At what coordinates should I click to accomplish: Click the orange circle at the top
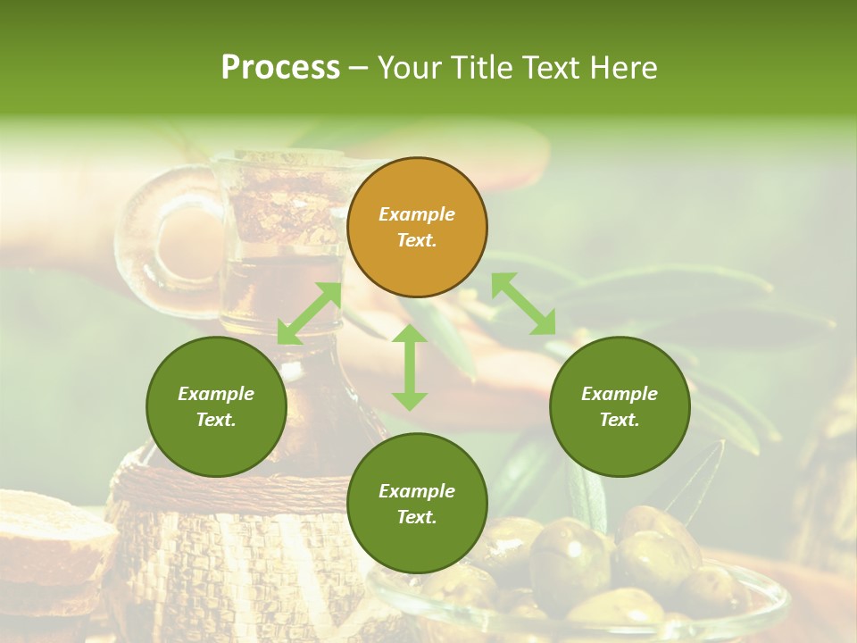click(x=417, y=227)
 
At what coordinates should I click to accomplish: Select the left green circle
click(x=216, y=406)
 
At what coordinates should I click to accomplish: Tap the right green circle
click(x=620, y=406)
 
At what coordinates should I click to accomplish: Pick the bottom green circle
click(x=417, y=504)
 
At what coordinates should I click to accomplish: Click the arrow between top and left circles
click(x=309, y=313)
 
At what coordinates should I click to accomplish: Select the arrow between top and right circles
click(x=524, y=304)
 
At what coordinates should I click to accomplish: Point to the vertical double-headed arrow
click(x=410, y=367)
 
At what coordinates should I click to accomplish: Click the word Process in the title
click(x=280, y=68)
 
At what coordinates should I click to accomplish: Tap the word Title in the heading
click(x=508, y=68)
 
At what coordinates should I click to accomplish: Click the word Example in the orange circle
click(x=417, y=214)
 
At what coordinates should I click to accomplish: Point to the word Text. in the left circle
click(x=216, y=420)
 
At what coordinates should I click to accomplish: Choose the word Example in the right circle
click(x=620, y=394)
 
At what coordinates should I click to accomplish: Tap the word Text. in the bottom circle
click(x=417, y=517)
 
